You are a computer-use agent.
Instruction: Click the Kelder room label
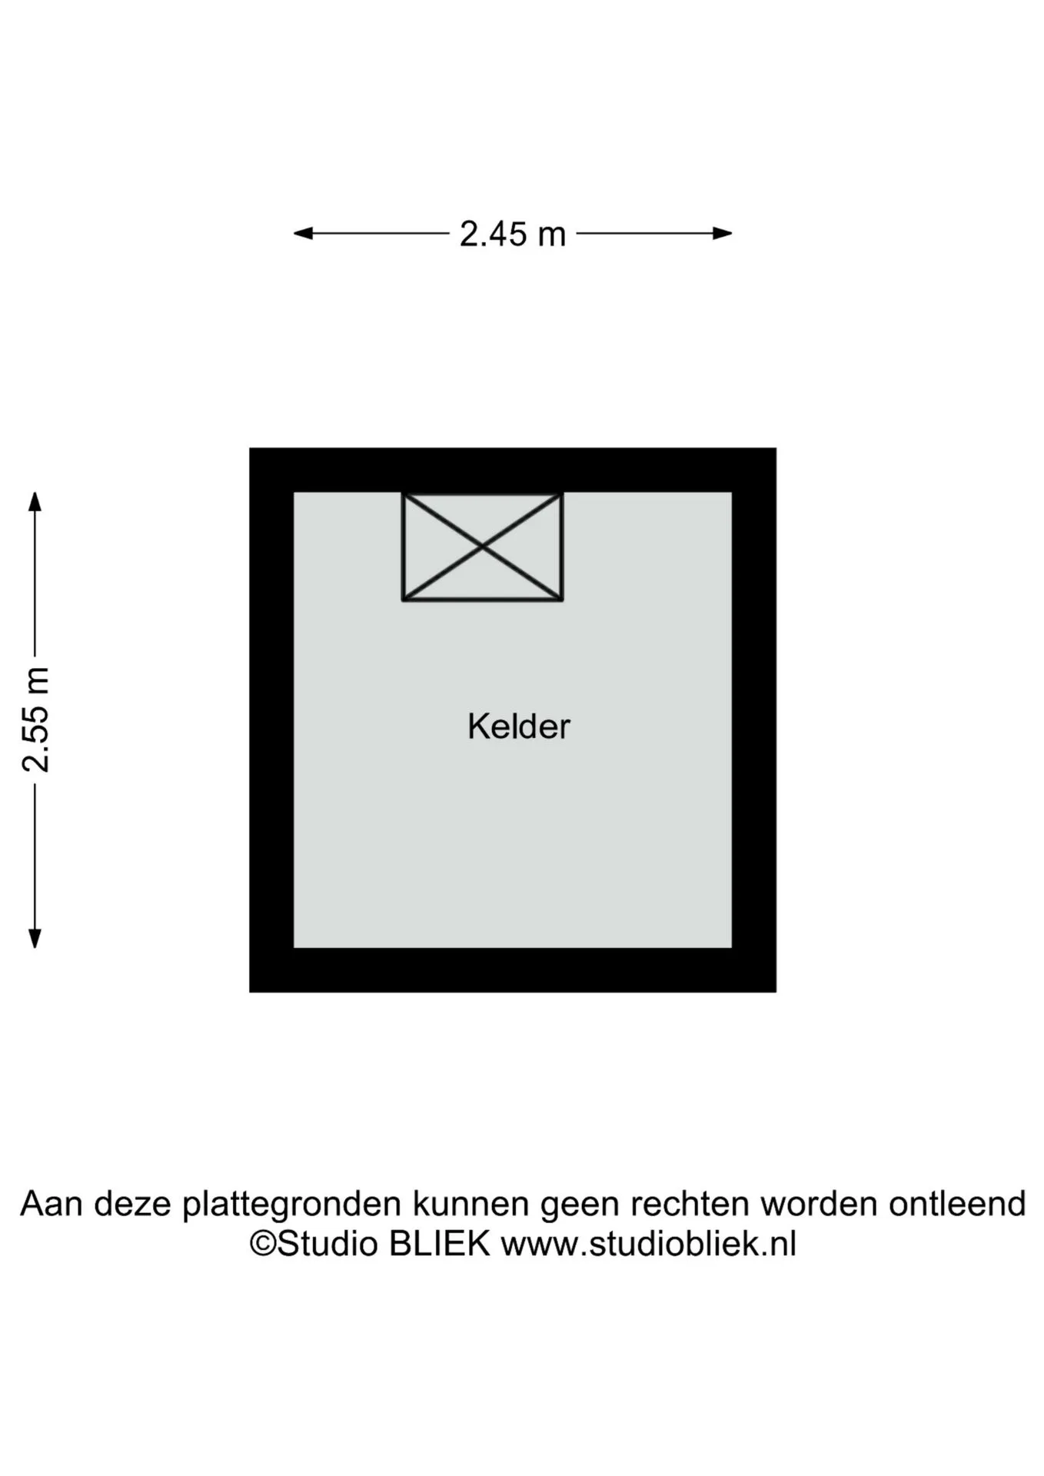pyautogui.click(x=519, y=726)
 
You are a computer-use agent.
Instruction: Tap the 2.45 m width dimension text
pyautogui.click(x=513, y=234)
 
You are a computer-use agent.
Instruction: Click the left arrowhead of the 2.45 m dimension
pyautogui.click(x=303, y=233)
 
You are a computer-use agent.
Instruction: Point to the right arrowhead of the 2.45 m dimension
pyautogui.click(x=723, y=233)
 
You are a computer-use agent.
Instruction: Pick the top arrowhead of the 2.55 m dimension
pyautogui.click(x=35, y=501)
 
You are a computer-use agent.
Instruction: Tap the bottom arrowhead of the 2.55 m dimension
pyautogui.click(x=35, y=939)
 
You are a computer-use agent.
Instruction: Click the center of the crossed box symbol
pyautogui.click(x=483, y=547)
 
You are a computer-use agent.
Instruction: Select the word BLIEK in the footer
pyautogui.click(x=439, y=1244)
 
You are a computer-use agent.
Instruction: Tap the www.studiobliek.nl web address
pyautogui.click(x=649, y=1244)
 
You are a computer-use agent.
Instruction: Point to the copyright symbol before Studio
pyautogui.click(x=263, y=1245)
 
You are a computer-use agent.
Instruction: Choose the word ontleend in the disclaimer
pyautogui.click(x=957, y=1204)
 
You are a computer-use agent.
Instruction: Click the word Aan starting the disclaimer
pyautogui.click(x=51, y=1204)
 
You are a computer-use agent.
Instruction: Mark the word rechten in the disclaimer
pyautogui.click(x=690, y=1204)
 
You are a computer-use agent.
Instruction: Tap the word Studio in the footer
pyautogui.click(x=327, y=1244)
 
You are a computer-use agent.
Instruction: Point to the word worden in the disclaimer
pyautogui.click(x=819, y=1204)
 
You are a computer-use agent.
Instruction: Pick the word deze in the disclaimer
pyautogui.click(x=131, y=1204)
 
